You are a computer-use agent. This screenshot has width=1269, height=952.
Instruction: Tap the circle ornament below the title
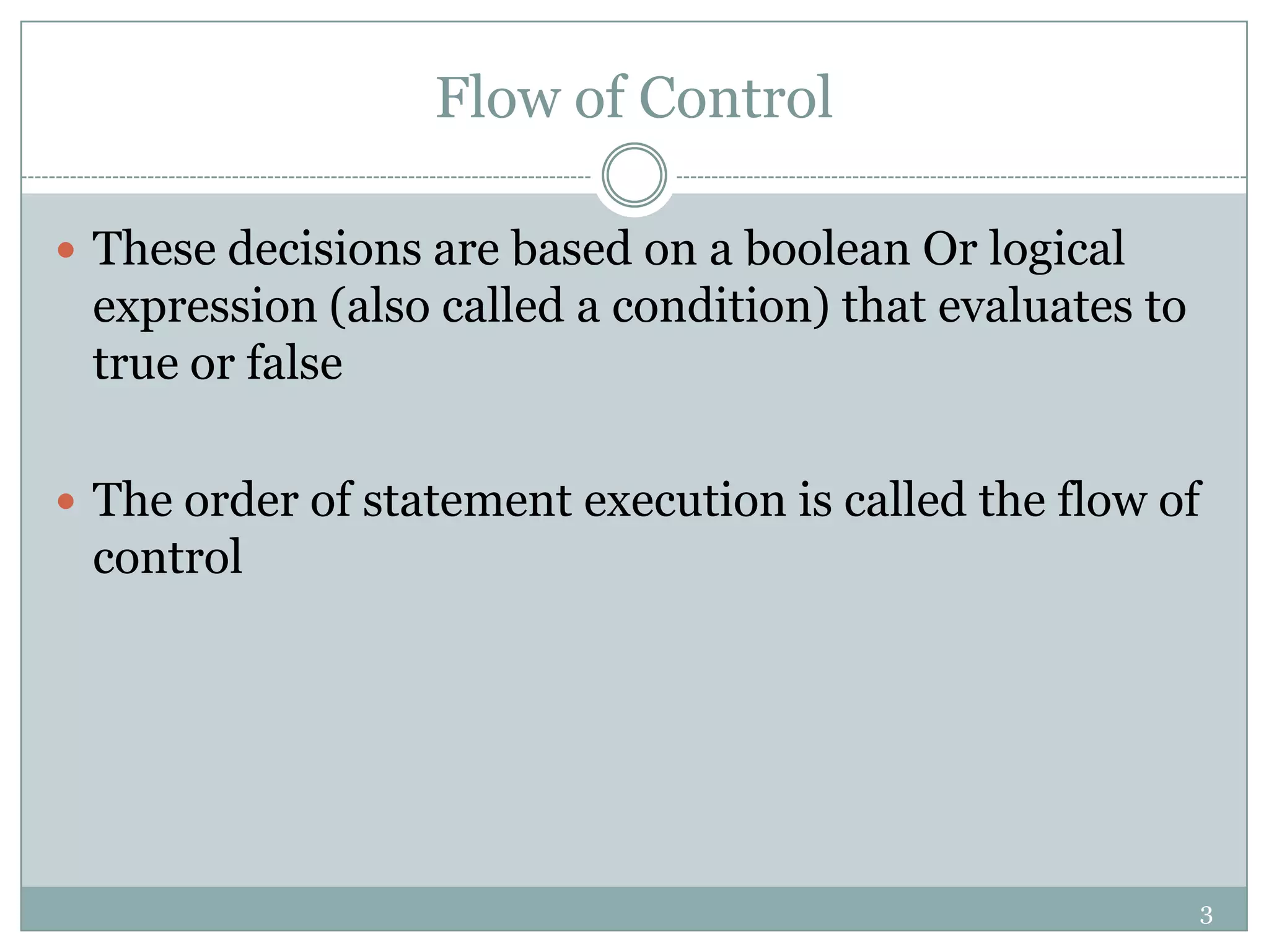click(x=634, y=175)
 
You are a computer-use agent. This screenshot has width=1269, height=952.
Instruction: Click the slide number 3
click(x=1206, y=915)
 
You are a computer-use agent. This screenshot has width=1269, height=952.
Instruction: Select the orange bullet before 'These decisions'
click(x=66, y=250)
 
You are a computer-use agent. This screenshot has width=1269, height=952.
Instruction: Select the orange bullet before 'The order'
click(x=66, y=501)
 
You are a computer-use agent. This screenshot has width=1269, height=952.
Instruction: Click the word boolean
click(x=827, y=249)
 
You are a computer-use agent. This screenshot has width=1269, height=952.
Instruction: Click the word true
click(x=136, y=363)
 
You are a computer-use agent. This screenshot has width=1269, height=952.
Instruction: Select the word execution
click(x=685, y=500)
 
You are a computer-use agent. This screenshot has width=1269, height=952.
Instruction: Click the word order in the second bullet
click(x=241, y=500)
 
